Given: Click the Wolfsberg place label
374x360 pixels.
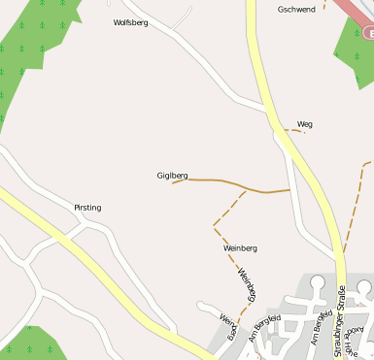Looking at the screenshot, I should tap(130, 22).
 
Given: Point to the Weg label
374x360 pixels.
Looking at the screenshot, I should tap(305, 124).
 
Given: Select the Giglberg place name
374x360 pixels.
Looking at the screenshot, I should tap(171, 176).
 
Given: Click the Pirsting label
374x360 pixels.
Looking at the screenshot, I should tap(87, 208).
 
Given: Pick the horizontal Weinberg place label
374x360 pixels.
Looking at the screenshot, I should tap(240, 248).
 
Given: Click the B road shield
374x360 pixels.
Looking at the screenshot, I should tap(368, 33).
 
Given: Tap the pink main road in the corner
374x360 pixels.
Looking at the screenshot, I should tap(349, 14).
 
